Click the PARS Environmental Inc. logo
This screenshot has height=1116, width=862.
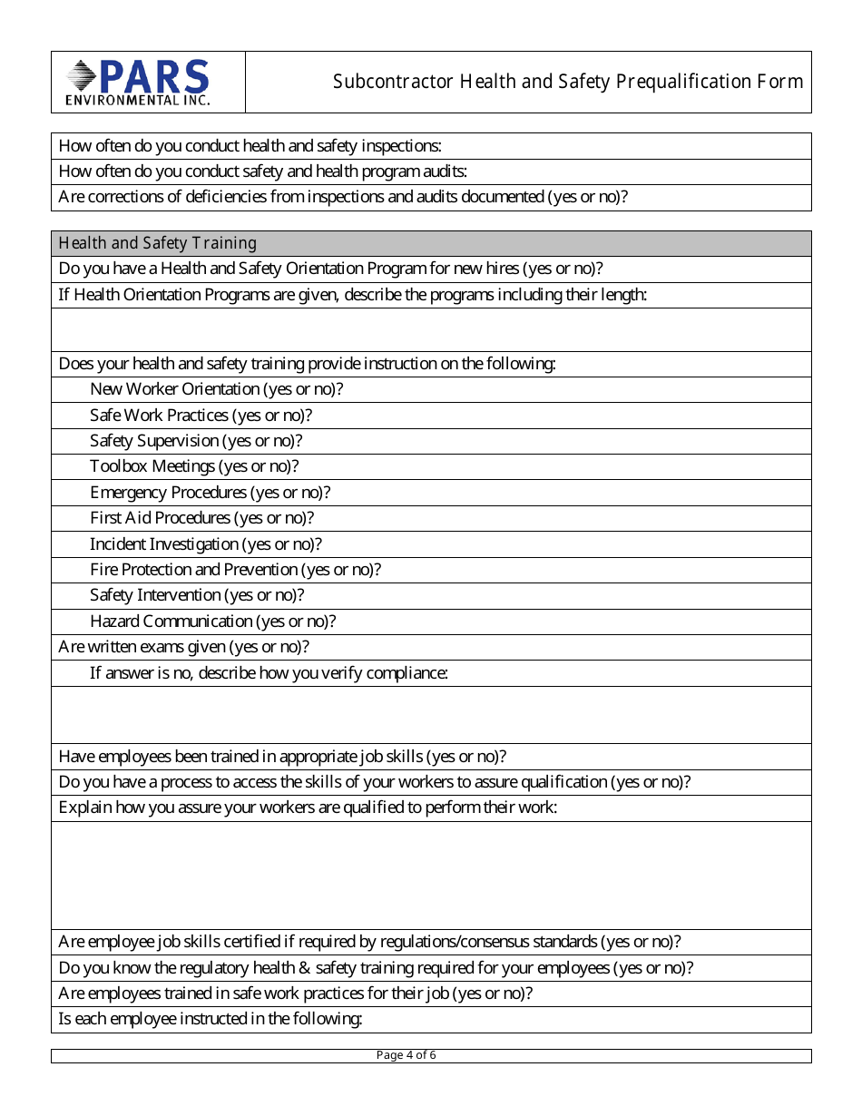coord(138,83)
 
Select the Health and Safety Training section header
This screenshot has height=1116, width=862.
coord(157,243)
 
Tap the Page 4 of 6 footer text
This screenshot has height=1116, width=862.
coord(407,1055)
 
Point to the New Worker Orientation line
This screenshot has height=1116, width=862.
coord(216,389)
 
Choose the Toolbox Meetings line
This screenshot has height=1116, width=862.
coord(194,466)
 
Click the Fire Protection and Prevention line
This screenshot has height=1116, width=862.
coord(235,570)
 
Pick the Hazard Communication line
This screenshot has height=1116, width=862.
coord(212,622)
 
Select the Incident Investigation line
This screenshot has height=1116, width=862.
coord(206,544)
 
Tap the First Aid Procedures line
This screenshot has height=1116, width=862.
coord(201,518)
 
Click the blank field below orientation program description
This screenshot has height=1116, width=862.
coord(431,329)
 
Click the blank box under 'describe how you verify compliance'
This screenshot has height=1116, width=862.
coord(431,715)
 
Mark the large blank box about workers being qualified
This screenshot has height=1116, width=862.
coord(431,875)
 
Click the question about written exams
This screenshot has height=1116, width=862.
coord(183,647)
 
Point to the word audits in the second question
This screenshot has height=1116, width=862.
coord(444,171)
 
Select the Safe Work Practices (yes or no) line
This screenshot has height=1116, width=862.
coord(201,416)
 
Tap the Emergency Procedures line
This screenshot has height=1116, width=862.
coord(210,493)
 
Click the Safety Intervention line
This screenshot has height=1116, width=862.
coord(197,595)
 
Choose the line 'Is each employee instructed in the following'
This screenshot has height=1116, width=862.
coord(211,1019)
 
